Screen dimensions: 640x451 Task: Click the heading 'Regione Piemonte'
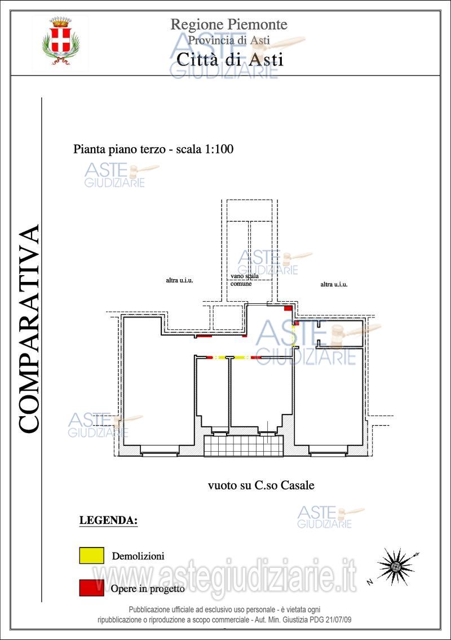pos(229,24)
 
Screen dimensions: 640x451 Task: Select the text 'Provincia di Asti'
pos(229,40)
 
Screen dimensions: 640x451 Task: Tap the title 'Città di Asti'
pos(230,59)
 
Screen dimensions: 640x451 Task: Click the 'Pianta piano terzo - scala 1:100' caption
pos(153,149)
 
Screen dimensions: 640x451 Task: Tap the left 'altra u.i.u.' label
pos(179,280)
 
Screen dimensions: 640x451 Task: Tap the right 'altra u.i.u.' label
pos(334,285)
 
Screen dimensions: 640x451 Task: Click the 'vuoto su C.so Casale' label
pos(260,485)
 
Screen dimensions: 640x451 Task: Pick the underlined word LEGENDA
pos(108,520)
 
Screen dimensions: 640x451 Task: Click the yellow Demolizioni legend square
pos(91,555)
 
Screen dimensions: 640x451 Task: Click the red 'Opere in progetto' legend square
pos(91,588)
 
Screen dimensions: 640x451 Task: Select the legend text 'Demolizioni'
pos(138,556)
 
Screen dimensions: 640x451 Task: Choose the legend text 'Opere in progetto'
pos(148,589)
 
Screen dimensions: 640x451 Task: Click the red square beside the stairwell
pos(288,308)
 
